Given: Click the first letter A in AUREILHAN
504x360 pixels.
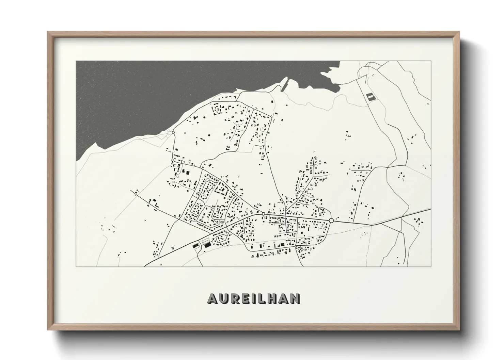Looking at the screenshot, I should [x=212, y=299].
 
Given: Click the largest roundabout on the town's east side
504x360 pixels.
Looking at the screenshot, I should [x=331, y=221].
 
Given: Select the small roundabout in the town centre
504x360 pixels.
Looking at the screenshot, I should [x=263, y=214].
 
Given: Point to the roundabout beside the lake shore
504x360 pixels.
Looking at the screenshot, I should [x=173, y=132].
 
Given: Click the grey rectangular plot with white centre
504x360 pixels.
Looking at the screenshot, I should [x=369, y=97].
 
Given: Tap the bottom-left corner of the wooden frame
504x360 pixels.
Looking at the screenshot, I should [x=48, y=329].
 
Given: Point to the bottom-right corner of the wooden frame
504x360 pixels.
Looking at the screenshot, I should [x=459, y=329].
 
